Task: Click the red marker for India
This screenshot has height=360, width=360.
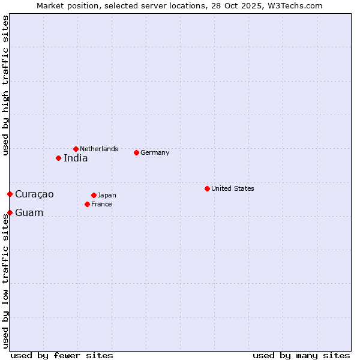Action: (58, 158)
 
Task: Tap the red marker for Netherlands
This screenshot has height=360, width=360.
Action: (76, 149)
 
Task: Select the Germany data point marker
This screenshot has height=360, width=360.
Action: (136, 152)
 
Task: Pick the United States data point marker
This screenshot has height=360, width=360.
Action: (207, 188)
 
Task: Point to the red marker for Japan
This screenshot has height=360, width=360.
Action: (94, 195)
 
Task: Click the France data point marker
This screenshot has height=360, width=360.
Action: (87, 204)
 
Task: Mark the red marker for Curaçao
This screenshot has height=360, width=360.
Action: (10, 194)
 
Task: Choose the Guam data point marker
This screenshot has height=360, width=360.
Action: (10, 212)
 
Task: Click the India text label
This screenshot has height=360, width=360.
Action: (76, 158)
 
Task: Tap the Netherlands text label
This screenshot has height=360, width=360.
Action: (99, 149)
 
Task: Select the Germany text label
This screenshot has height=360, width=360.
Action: (155, 152)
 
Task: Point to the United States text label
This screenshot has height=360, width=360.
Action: (233, 188)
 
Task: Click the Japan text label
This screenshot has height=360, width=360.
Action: (107, 195)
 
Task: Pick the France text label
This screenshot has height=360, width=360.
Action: (101, 204)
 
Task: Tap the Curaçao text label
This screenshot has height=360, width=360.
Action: (34, 194)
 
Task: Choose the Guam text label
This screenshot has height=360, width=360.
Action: (29, 212)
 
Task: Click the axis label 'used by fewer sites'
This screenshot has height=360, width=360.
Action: (62, 355)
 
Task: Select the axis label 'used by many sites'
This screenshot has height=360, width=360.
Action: (301, 355)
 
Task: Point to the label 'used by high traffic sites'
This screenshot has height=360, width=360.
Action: (5, 86)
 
